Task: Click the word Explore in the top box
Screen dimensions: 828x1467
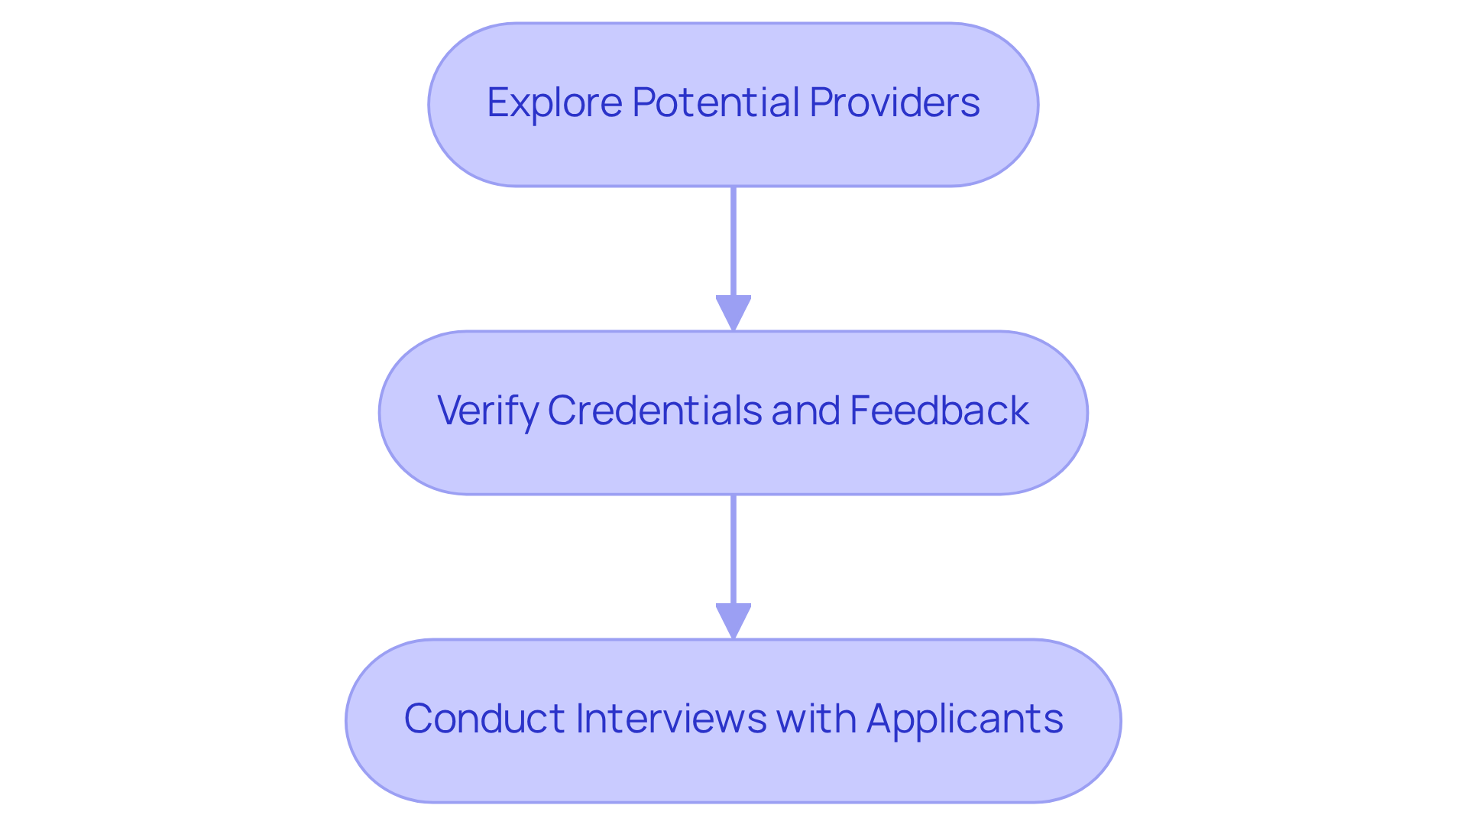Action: pyautogui.click(x=555, y=102)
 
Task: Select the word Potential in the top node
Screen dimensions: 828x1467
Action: pyautogui.click(x=716, y=102)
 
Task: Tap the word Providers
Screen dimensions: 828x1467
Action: pyautogui.click(x=894, y=102)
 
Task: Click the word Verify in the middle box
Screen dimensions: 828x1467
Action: pyautogui.click(x=487, y=411)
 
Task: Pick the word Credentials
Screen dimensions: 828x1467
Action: pyautogui.click(x=654, y=411)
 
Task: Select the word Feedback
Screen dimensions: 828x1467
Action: pyautogui.click(x=939, y=411)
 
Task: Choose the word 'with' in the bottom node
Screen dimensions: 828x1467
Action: pyautogui.click(x=816, y=719)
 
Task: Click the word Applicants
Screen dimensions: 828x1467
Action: pyautogui.click(x=964, y=719)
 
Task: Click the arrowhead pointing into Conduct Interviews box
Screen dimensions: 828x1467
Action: pyautogui.click(x=733, y=620)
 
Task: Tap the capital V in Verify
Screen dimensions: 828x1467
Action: pyautogui.click(x=450, y=411)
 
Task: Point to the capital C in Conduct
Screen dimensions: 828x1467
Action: pyautogui.click(x=419, y=719)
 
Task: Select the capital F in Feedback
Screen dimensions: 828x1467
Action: pyautogui.click(x=859, y=411)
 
